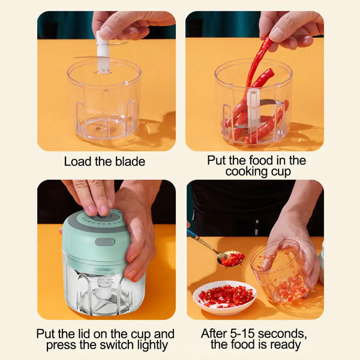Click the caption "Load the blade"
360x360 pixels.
point(104,161)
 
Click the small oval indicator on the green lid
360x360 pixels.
point(105,242)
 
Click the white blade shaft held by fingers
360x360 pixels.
point(102,48)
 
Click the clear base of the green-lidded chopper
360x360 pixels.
point(96,291)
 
